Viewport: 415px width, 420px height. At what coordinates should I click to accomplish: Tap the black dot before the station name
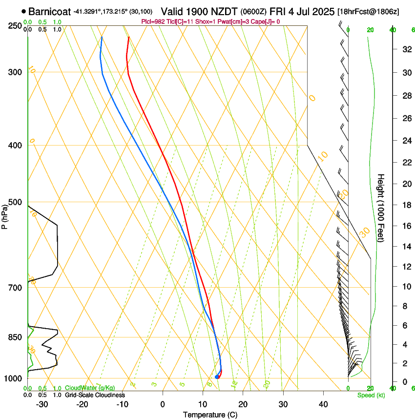[x=23, y=11]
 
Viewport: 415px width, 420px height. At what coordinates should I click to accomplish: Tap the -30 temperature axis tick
[x=42, y=404]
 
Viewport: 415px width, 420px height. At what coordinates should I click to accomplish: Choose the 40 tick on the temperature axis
[x=323, y=404]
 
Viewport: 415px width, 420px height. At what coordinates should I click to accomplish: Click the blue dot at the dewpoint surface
[x=217, y=377]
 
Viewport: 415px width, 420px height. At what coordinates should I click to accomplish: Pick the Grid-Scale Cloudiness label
[x=95, y=395]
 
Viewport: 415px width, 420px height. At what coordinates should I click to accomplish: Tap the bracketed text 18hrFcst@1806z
[x=368, y=11]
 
